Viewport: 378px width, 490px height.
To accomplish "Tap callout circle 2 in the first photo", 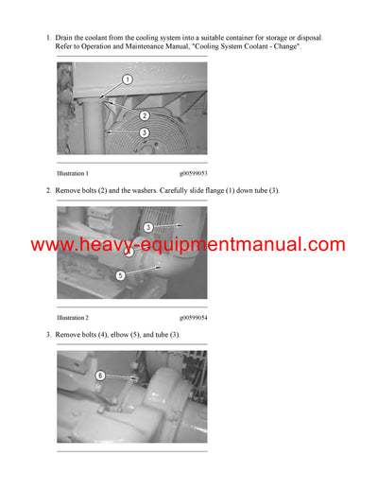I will tap(144, 114).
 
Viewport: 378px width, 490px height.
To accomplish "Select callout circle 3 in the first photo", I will tap(143, 132).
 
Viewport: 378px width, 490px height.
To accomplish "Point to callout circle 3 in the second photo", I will tap(148, 227).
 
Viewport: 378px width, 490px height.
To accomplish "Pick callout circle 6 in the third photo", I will tap(101, 376).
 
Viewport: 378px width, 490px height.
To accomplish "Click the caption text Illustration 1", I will tap(73, 174).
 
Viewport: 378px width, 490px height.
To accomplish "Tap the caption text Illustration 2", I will tap(73, 317).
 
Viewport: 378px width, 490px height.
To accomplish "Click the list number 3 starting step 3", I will tap(48, 335).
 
